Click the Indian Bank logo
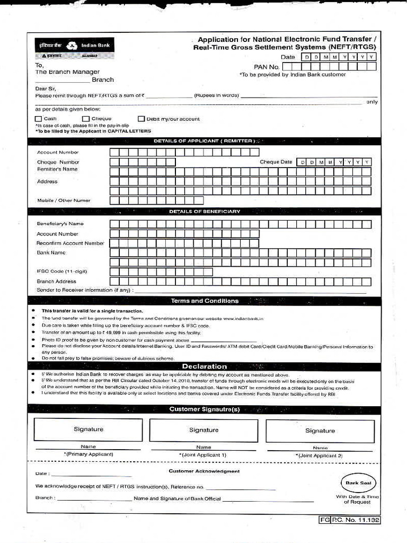pyautogui.click(x=74, y=48)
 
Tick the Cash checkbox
pyautogui.click(x=38, y=119)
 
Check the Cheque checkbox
pyautogui.click(x=86, y=119)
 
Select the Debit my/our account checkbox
pyautogui.click(x=141, y=119)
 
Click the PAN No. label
pyautogui.click(x=266, y=67)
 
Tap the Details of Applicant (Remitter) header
pyautogui.click(x=204, y=141)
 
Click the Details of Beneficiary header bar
pyautogui.click(x=204, y=211)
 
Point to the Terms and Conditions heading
pyautogui.click(x=204, y=301)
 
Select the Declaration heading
pyautogui.click(x=204, y=366)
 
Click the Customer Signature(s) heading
pyautogui.click(x=204, y=409)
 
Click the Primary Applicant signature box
pyautogui.click(x=88, y=430)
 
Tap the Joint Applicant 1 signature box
pyautogui.click(x=203, y=430)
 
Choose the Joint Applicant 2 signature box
pyautogui.click(x=320, y=431)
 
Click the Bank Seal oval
pyautogui.click(x=358, y=483)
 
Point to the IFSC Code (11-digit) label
pyautogui.click(x=61, y=271)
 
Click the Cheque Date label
pyautogui.click(x=276, y=162)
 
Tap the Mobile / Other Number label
pyautogui.click(x=64, y=200)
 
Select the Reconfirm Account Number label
pyautogui.click(x=70, y=243)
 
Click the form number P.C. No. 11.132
pyautogui.click(x=350, y=520)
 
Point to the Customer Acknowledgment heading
pyautogui.click(x=204, y=471)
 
